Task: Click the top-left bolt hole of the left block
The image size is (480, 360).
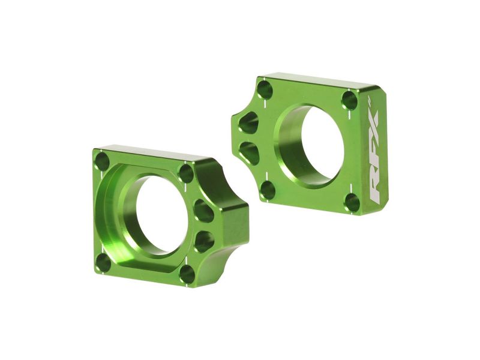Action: [102, 161]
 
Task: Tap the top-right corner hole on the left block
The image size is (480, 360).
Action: [186, 173]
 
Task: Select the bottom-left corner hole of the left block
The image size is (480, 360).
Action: [103, 262]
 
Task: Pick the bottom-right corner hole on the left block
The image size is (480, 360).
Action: [187, 274]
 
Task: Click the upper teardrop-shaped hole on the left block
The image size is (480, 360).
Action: [203, 211]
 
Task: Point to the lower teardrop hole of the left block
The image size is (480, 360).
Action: [204, 242]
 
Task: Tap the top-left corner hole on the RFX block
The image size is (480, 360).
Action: [265, 90]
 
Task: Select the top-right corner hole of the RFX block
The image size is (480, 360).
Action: [350, 100]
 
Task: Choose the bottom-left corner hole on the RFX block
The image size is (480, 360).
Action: [268, 190]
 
